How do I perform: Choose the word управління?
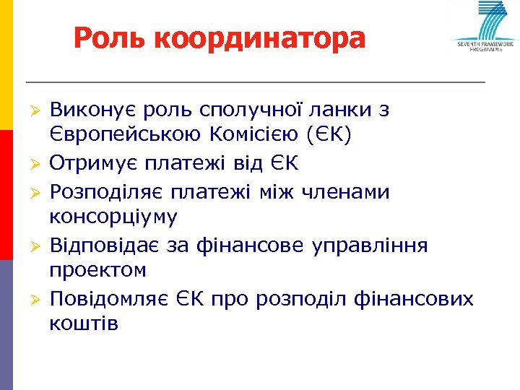(x=370, y=245)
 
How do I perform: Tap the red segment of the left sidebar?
(x=6, y=195)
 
